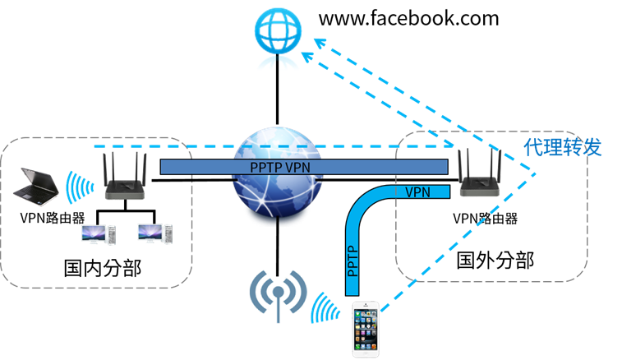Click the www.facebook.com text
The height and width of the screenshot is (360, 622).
[x=408, y=19]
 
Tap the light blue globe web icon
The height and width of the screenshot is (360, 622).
[x=278, y=31]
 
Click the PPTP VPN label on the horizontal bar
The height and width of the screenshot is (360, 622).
[x=280, y=168]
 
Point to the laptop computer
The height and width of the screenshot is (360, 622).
[x=36, y=187]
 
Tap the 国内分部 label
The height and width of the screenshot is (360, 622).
[x=103, y=268]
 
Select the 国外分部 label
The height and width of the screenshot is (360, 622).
[x=495, y=261]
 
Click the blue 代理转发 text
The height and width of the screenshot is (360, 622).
[x=563, y=147]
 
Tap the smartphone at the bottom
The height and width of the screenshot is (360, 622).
[x=366, y=329]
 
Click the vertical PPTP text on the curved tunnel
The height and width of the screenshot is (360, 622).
[x=352, y=261]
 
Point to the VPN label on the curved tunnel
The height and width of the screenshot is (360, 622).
[x=417, y=192]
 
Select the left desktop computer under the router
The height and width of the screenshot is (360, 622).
[x=99, y=234]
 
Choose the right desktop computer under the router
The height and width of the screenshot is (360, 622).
[x=155, y=233]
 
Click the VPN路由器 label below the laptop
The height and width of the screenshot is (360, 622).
[x=53, y=218]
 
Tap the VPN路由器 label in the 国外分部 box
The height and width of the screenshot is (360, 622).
[x=485, y=219]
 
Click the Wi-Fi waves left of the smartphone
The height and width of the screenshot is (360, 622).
[x=325, y=308]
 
